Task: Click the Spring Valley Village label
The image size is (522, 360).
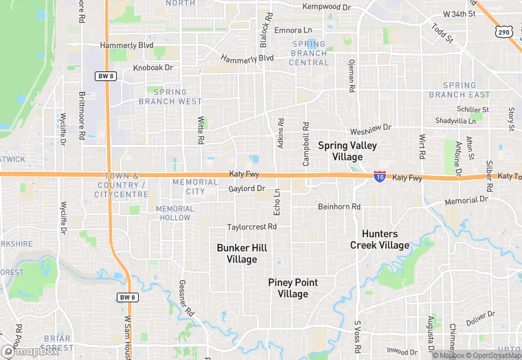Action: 347,151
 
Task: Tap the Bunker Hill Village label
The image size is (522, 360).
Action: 242,254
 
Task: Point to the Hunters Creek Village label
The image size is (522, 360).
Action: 379,240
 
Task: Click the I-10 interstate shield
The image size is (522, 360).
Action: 379,177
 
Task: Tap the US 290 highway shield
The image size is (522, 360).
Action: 504,32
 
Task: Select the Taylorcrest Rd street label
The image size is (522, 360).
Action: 252,227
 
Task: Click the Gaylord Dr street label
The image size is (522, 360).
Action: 247,188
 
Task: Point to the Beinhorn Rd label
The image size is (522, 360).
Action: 339,206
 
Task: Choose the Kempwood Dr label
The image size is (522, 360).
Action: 326,8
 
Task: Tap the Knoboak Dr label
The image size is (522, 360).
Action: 153,67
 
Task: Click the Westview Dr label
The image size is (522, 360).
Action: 370,128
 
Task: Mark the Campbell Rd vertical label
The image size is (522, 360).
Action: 306,144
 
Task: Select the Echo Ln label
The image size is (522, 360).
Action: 277,201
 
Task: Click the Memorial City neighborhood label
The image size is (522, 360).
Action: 196,187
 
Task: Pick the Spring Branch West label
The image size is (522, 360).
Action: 170,97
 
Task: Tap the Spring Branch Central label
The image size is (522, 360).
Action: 309,53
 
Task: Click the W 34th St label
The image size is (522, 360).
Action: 459,14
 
